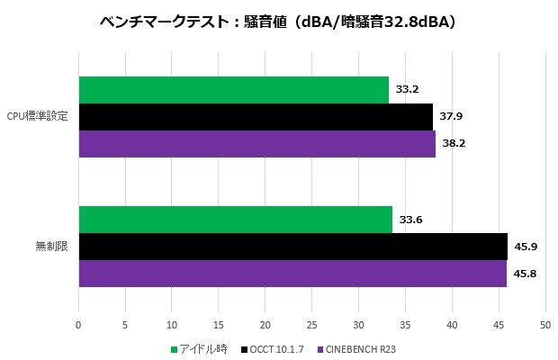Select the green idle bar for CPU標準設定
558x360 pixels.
click(234, 89)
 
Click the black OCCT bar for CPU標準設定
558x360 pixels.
click(256, 116)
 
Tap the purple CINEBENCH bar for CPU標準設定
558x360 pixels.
click(257, 143)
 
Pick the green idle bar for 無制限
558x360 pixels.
click(236, 219)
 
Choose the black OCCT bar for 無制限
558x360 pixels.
click(292, 246)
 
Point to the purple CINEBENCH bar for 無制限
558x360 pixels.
click(292, 273)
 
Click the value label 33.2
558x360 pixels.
click(408, 89)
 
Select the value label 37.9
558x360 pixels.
click(451, 116)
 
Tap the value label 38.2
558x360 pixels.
click(454, 143)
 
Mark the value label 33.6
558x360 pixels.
click(411, 219)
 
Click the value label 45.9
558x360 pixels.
click(526, 246)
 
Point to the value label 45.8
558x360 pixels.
click(525, 273)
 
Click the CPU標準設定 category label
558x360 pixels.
click(37, 117)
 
